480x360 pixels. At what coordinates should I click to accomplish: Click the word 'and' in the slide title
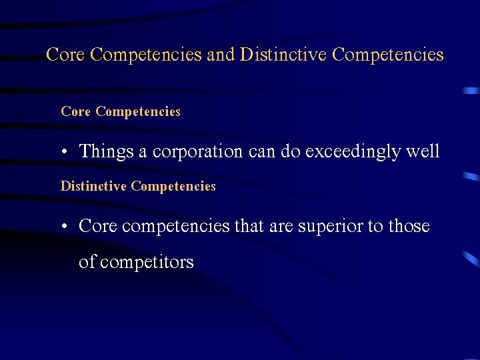pos(221,55)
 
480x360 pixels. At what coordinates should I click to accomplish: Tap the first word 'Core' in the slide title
pos(65,55)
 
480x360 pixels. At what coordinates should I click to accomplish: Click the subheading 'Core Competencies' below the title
pos(121,112)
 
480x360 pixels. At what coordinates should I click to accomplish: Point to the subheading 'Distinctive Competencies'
pos(138,187)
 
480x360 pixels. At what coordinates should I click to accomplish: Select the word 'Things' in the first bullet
pos(107,152)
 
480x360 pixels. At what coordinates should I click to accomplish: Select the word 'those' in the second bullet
pos(409,227)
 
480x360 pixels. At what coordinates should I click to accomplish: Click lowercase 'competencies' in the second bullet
pos(175,227)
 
